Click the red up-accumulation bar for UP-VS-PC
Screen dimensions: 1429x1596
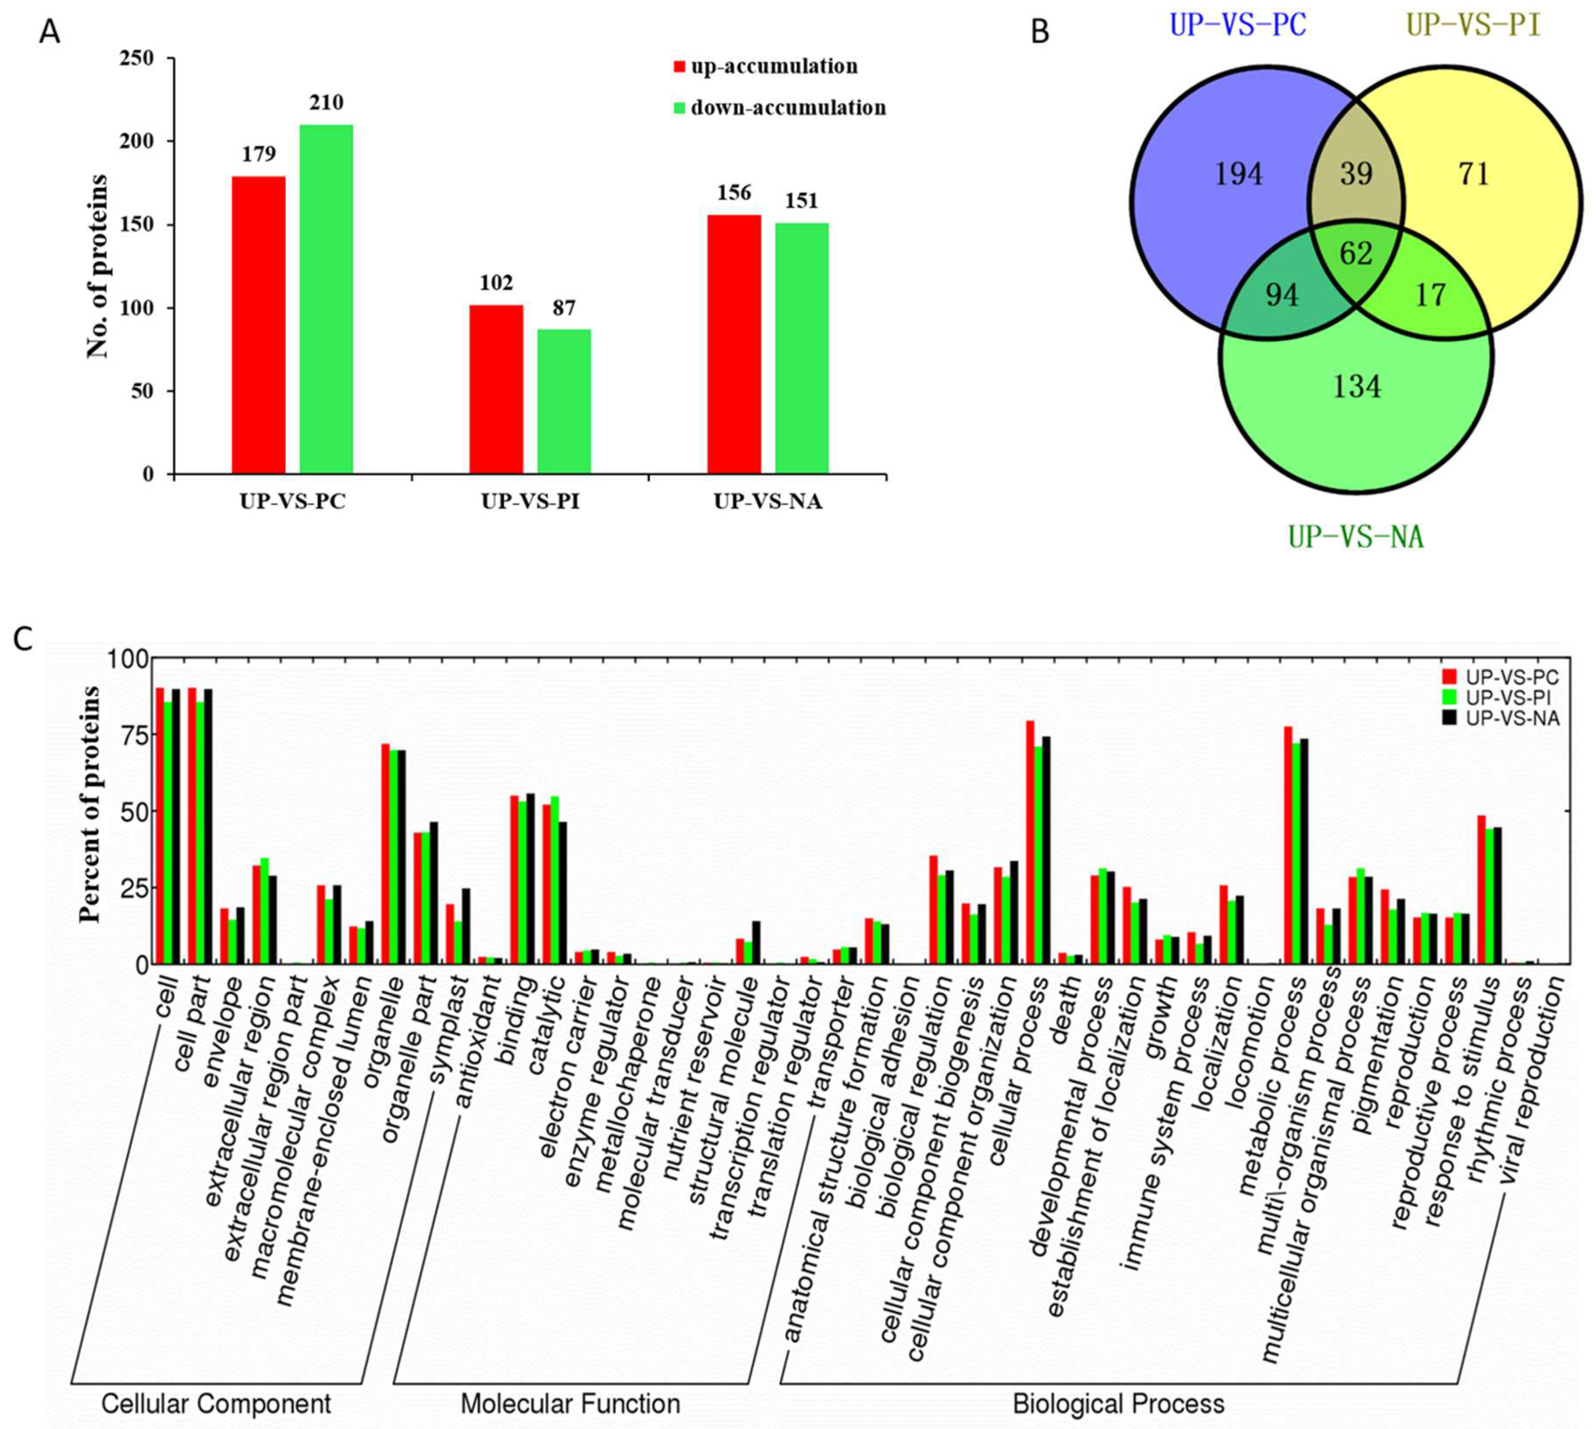pos(258,325)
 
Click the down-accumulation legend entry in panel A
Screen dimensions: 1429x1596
pos(788,108)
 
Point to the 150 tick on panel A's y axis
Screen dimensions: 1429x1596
pos(141,226)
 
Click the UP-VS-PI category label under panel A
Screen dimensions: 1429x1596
pos(531,502)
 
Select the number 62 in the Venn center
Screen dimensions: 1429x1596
pos(1356,253)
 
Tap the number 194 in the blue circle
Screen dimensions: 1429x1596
pos(1239,174)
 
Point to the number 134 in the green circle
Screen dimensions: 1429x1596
pos(1357,386)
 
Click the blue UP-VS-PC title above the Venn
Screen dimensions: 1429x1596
pos(1238,26)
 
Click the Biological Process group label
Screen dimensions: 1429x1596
pos(1119,1403)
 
